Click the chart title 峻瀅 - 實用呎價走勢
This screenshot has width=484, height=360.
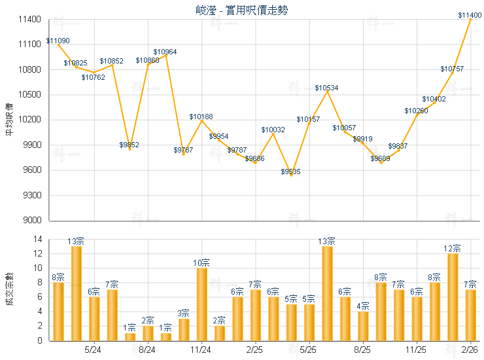tap(241, 10)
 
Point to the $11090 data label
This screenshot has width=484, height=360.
tap(58, 41)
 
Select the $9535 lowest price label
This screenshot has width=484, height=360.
tap(291, 171)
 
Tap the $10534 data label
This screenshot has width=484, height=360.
tap(326, 88)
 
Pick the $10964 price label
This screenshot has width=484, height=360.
tap(165, 52)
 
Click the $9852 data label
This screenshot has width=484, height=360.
tap(129, 145)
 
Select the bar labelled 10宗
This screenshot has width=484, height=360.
tap(201, 304)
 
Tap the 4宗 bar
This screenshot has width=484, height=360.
tap(364, 326)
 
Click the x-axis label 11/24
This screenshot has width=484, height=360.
tap(201, 350)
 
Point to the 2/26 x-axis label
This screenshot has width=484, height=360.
tap(470, 350)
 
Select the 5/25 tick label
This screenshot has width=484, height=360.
tap(309, 350)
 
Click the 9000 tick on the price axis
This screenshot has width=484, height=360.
tap(31, 221)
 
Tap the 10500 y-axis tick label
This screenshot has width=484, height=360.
tap(29, 95)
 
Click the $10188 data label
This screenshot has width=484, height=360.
tap(201, 117)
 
